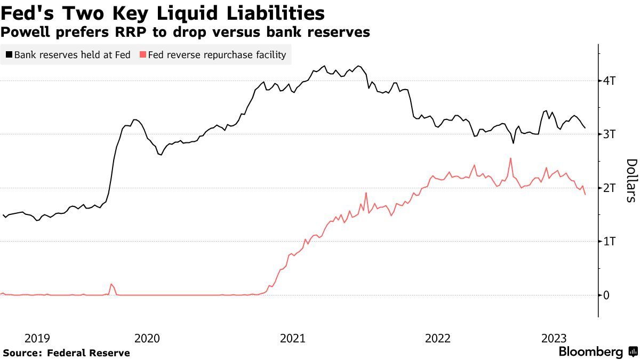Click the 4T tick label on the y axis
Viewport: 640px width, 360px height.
pos(610,81)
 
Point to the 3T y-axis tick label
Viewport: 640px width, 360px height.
pos(610,134)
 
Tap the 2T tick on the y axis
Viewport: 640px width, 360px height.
pos(610,188)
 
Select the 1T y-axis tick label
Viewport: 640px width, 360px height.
pos(610,242)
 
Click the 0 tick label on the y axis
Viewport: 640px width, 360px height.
pos(606,295)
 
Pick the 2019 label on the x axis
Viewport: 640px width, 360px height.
pos(37,338)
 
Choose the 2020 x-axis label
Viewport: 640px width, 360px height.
pos(147,338)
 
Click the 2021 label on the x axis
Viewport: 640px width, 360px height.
pos(292,338)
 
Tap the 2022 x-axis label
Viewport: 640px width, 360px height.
pos(438,338)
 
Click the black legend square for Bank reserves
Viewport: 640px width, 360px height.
pos(9,55)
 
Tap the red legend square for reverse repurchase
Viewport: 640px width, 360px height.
pos(142,55)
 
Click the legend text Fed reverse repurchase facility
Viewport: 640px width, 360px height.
pos(217,55)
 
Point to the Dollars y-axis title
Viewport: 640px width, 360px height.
pos(631,180)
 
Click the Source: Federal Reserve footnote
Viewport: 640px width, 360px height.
pos(67,353)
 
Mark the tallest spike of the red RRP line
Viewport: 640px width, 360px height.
pos(510,158)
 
